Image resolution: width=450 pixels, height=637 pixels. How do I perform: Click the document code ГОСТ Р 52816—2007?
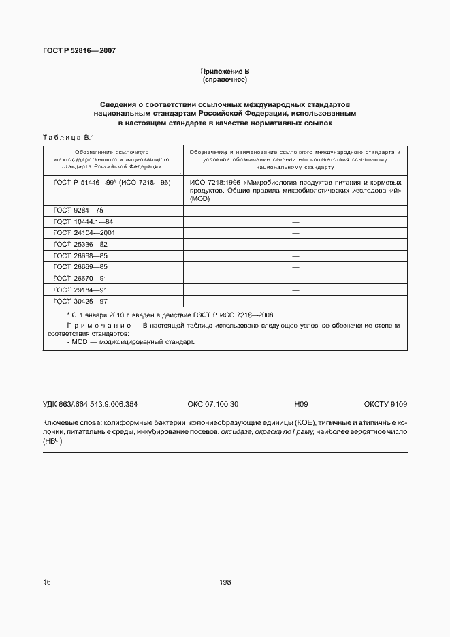click(x=79, y=51)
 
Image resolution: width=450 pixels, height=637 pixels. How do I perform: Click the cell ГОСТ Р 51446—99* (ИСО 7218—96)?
click(x=112, y=183)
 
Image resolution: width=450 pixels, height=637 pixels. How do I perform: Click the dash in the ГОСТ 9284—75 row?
click(x=295, y=211)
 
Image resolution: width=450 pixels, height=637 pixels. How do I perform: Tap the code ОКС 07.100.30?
click(x=212, y=404)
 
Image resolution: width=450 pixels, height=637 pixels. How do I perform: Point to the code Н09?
click(x=301, y=404)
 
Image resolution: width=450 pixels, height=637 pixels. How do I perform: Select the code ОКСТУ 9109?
click(x=385, y=404)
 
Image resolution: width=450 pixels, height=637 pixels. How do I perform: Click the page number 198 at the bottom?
click(x=225, y=582)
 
